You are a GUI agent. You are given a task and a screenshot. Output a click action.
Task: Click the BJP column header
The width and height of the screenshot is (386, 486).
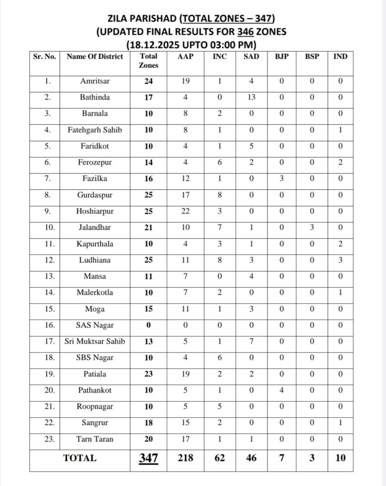(281, 56)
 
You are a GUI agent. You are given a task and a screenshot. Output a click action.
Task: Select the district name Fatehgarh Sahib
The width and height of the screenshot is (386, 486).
(94, 130)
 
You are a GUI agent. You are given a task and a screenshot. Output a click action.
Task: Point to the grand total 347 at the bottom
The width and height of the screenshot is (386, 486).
(148, 458)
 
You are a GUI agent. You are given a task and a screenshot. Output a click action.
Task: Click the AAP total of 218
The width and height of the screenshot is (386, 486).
(185, 458)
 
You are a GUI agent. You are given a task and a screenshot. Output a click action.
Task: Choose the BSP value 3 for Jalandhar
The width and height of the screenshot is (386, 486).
(312, 228)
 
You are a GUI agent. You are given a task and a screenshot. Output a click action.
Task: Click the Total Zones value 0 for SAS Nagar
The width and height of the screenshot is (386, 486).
(148, 326)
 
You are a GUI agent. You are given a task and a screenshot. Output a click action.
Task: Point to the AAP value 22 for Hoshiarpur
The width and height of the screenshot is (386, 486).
(185, 212)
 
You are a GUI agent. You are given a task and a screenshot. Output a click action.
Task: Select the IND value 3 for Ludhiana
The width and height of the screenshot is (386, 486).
(340, 261)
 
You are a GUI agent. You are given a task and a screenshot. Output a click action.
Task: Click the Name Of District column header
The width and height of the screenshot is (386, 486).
(94, 56)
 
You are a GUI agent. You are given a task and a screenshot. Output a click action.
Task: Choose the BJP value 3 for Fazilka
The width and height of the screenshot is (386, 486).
(281, 178)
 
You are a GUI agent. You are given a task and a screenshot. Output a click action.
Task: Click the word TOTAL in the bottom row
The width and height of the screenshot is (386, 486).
(80, 458)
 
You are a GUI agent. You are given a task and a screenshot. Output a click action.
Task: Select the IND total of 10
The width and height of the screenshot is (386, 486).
(340, 458)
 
